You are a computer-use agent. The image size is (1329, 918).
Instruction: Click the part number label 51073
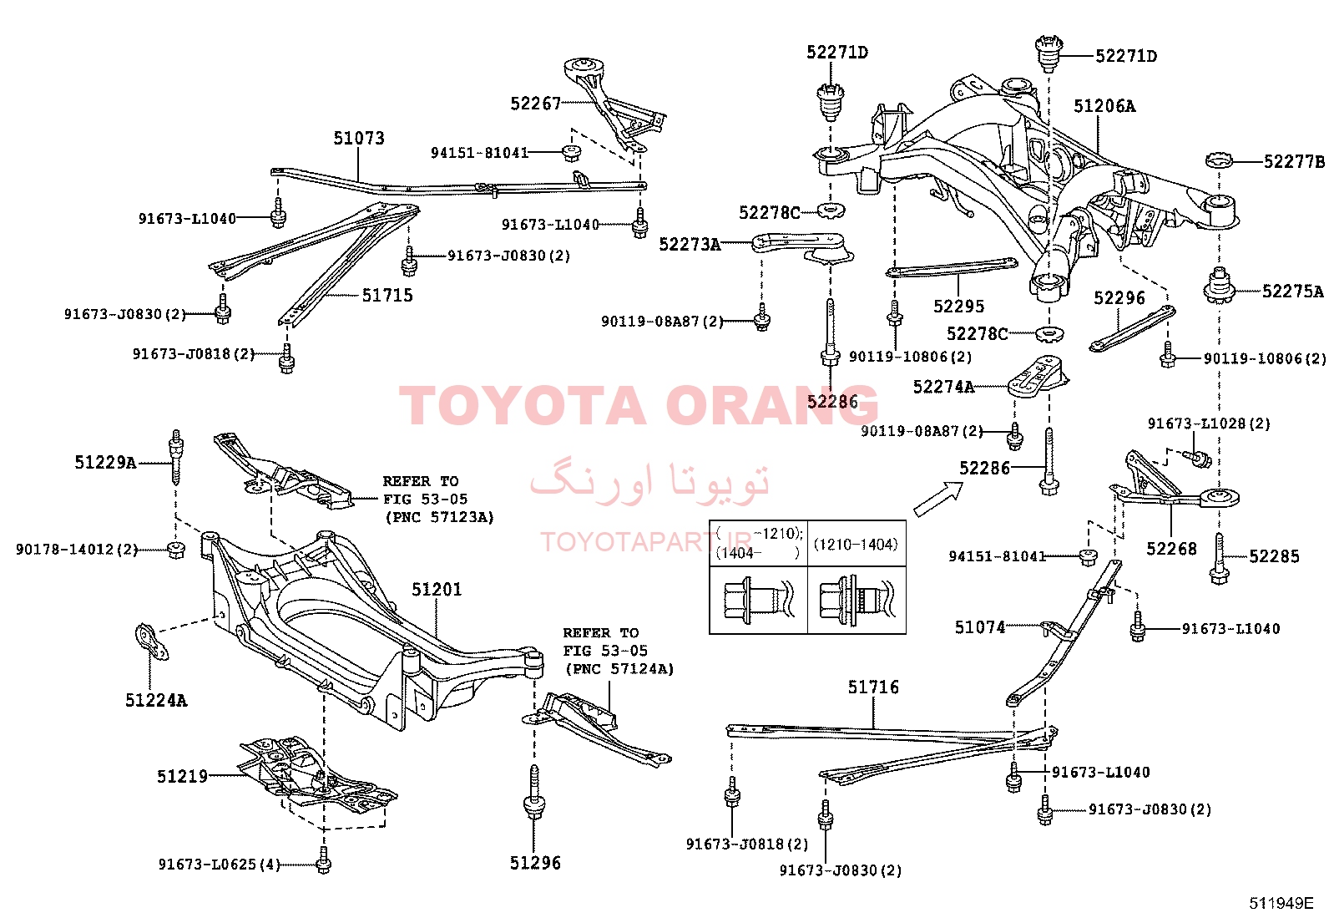pyautogui.click(x=359, y=139)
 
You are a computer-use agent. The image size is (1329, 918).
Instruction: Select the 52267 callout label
pyautogui.click(x=536, y=104)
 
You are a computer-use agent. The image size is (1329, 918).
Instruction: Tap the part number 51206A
pyautogui.click(x=1104, y=106)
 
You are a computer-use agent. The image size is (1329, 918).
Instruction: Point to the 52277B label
pyautogui.click(x=1294, y=161)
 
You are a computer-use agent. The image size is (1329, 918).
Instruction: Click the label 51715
pyautogui.click(x=387, y=295)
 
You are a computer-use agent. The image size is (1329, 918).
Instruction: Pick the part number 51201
pyautogui.click(x=437, y=589)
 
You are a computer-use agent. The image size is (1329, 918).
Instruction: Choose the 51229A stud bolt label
pyautogui.click(x=106, y=462)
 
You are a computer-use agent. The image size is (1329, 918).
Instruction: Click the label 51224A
pyautogui.click(x=156, y=701)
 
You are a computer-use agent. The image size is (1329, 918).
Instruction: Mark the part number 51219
pyautogui.click(x=182, y=776)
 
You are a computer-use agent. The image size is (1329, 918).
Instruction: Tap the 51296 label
pyautogui.click(x=535, y=863)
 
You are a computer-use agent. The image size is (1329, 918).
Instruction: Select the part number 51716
pyautogui.click(x=873, y=687)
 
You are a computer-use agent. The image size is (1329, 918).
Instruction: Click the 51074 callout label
pyautogui.click(x=980, y=627)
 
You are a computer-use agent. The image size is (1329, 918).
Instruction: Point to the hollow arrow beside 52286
pyautogui.click(x=938, y=499)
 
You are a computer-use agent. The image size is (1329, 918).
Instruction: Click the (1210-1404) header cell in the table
pyautogui.click(x=856, y=544)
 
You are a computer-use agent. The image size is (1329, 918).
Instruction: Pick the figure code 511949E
pyautogui.click(x=1281, y=903)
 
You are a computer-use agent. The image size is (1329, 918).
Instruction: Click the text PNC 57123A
pyautogui.click(x=440, y=517)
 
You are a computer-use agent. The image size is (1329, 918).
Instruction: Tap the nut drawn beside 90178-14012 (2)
pyautogui.click(x=175, y=550)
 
